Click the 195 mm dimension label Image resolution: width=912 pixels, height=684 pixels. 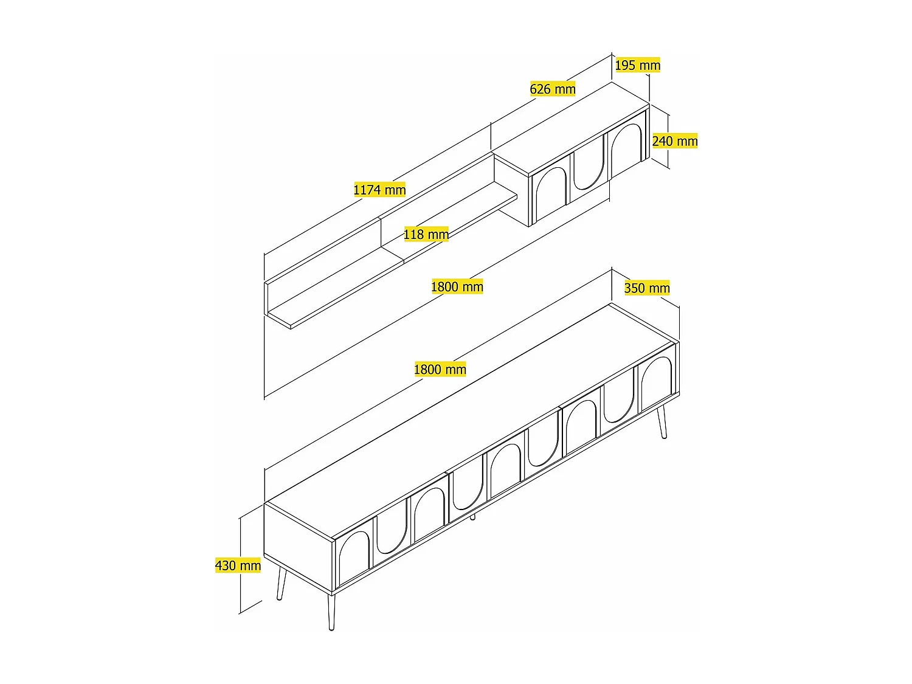637,65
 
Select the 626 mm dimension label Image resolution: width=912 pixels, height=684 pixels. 552,89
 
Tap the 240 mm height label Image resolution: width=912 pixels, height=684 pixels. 675,141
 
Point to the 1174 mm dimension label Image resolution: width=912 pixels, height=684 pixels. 379,190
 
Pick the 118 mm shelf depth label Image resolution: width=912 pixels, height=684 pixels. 426,234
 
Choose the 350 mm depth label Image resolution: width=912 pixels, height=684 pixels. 647,288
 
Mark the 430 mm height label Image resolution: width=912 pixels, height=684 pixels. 238,565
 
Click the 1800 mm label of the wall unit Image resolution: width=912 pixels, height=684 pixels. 457,287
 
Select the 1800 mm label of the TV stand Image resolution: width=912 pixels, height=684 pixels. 440,369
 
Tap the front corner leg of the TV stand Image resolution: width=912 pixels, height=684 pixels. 331,611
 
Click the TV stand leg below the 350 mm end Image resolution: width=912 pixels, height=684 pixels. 662,422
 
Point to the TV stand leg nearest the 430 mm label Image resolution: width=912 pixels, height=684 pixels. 281,583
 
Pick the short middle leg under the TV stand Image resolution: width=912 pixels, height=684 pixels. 472,517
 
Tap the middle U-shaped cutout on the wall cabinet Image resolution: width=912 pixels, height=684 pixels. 588,166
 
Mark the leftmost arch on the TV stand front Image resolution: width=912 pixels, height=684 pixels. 354,558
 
